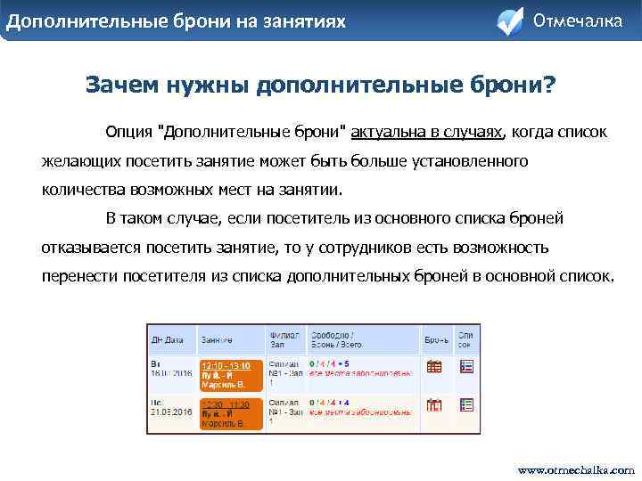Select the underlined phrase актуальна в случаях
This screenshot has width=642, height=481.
tap(427, 133)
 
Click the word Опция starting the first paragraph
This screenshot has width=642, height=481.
tap(128, 133)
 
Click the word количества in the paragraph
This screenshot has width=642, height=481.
tap(85, 190)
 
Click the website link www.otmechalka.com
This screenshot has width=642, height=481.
tap(576, 469)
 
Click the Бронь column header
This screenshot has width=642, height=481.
tap(436, 339)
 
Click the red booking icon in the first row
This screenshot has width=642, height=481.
tap(435, 366)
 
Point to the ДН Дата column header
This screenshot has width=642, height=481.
tap(169, 339)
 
